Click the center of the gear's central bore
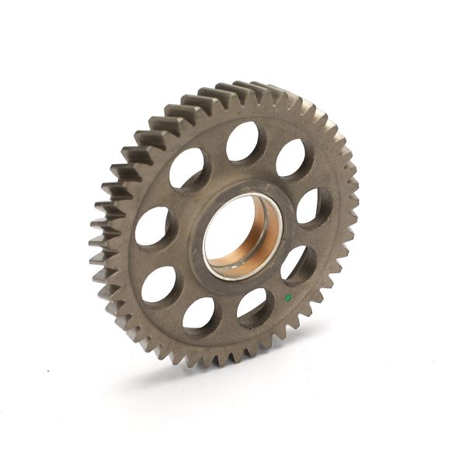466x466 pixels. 242,236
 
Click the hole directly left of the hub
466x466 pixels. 154,226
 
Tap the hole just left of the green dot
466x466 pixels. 253,304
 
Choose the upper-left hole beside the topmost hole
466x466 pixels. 187,168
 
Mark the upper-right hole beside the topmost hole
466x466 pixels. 291,158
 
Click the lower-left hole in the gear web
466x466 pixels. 158,284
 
